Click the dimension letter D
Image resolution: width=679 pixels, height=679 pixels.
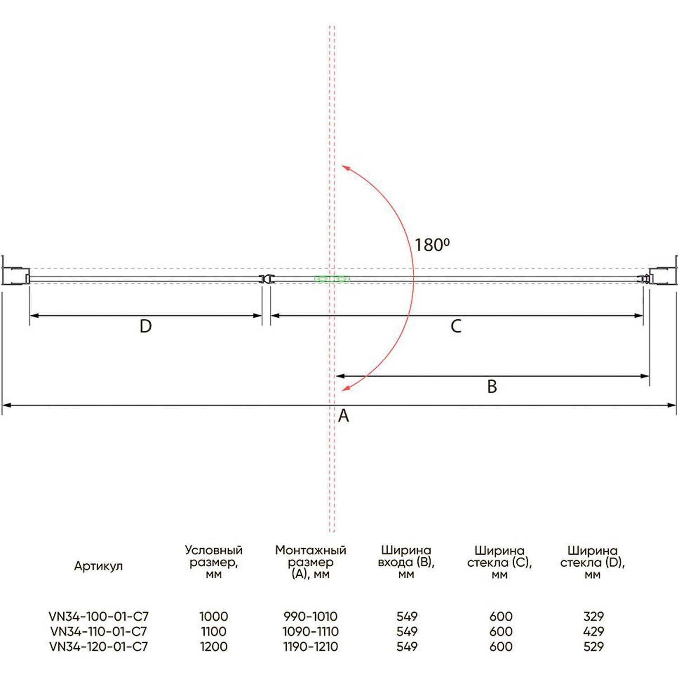coord(145,326)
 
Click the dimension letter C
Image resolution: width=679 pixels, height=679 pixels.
coord(456,326)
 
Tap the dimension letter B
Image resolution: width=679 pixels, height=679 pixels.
coord(492,387)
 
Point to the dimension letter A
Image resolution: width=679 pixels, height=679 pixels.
coord(344,416)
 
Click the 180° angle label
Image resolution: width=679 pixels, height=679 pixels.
coord(432,245)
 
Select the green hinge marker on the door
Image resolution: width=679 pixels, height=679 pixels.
coord(332,279)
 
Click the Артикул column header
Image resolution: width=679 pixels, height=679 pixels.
coord(98,566)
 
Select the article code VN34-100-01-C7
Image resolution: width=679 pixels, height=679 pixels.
coord(99,616)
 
